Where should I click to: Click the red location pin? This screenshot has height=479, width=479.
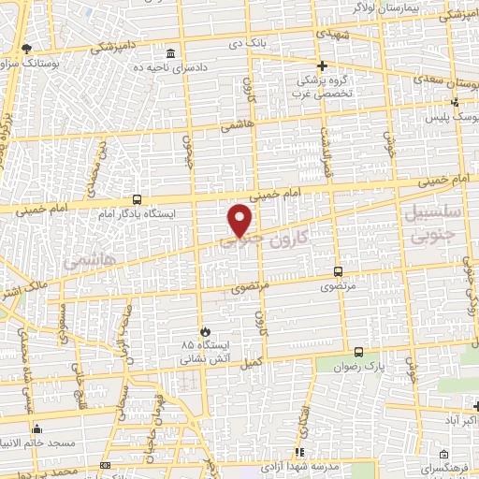click(x=241, y=220)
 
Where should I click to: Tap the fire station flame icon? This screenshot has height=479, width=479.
click(x=204, y=331)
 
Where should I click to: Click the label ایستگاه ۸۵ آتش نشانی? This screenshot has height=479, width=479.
click(x=204, y=351)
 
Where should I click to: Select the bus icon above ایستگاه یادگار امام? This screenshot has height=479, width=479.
click(x=138, y=199)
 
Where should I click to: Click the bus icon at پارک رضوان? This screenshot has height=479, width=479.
click(x=359, y=352)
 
